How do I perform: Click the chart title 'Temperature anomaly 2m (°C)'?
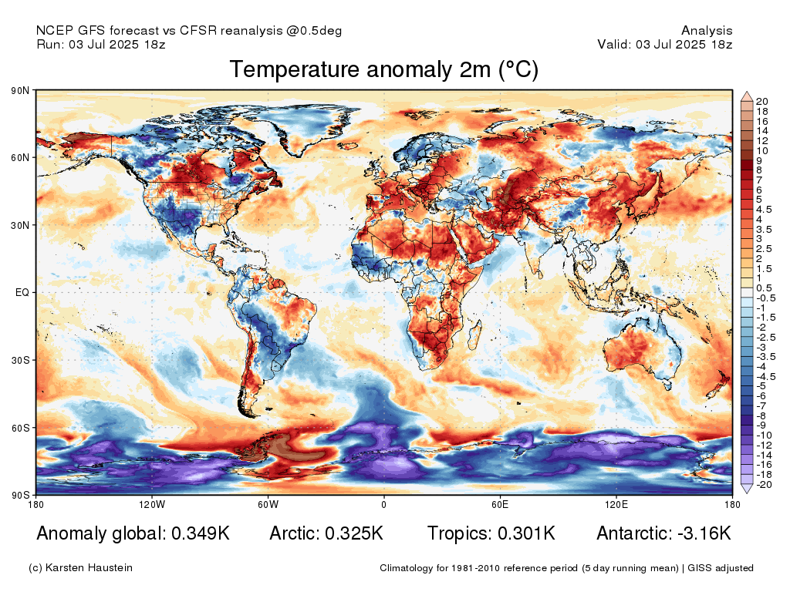pos(383,70)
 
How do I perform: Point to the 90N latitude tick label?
pos(20,91)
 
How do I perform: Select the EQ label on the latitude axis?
pos(22,293)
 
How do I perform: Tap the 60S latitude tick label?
pos(20,428)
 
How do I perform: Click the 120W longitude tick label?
pos(152,505)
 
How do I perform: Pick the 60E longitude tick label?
pos(499,505)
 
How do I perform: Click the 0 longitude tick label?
pos(383,505)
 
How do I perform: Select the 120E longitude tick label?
pos(615,505)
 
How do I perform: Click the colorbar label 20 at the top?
pos(761,102)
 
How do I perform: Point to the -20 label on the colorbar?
pos(763,484)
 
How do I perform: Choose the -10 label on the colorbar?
pos(763,435)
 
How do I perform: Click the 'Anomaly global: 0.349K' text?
pos(133,533)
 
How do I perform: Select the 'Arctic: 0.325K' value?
pos(326,533)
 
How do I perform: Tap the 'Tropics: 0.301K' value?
pos(491,533)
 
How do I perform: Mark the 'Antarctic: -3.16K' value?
pos(663,533)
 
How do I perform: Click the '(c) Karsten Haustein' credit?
pos(80,568)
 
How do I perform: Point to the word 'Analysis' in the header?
pos(707,31)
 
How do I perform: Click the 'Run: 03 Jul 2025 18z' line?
pos(101,44)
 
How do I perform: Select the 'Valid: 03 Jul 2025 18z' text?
pos(665,44)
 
